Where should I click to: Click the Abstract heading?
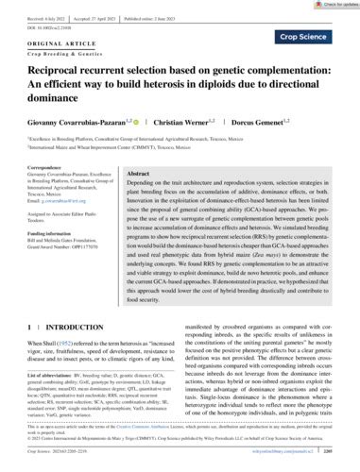[x=140, y=176]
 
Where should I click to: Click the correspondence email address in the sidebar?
[x=48, y=203]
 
